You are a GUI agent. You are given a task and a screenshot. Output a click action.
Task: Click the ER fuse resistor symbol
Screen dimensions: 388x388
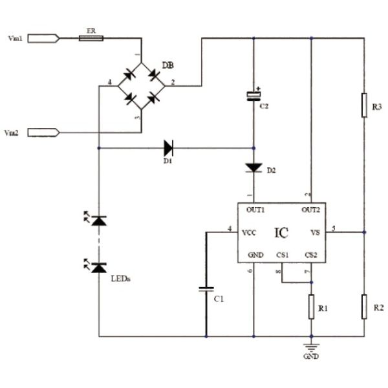click(x=90, y=38)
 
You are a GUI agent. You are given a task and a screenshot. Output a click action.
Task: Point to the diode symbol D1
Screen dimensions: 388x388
click(x=169, y=147)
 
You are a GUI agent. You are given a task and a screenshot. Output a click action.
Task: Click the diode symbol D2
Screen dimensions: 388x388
click(x=253, y=167)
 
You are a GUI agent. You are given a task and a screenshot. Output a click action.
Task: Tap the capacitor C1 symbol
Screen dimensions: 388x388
click(x=206, y=290)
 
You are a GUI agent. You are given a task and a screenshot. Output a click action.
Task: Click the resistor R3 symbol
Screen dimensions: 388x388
click(x=364, y=105)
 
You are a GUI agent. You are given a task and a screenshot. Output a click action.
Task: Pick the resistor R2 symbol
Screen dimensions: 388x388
click(x=364, y=305)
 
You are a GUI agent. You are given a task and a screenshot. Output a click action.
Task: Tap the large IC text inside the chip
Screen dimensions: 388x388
click(x=281, y=232)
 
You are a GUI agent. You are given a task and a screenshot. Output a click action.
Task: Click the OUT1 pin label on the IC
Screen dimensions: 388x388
click(x=255, y=210)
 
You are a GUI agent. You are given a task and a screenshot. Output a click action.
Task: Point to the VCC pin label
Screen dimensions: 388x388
click(x=249, y=232)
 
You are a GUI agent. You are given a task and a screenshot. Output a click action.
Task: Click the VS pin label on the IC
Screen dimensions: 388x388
click(x=315, y=232)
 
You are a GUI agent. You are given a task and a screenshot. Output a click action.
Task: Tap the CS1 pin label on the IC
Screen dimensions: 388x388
click(x=283, y=255)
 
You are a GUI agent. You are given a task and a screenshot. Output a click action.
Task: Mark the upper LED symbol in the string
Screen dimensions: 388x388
click(x=98, y=221)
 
